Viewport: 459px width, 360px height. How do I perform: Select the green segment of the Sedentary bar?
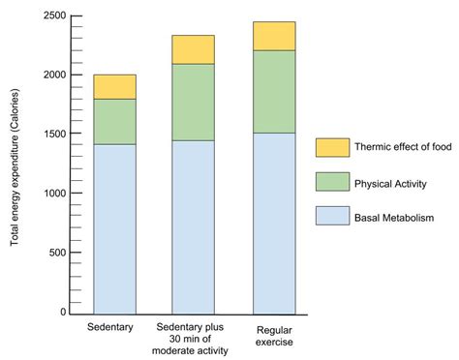[x=114, y=122]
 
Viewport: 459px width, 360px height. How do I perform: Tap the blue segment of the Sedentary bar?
[x=114, y=228]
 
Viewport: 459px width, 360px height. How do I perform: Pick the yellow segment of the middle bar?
[x=194, y=49]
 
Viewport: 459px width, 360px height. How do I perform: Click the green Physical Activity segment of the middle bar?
[x=194, y=103]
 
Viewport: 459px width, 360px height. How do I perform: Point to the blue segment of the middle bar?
[x=194, y=226]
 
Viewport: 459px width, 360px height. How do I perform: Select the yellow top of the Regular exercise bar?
[x=274, y=36]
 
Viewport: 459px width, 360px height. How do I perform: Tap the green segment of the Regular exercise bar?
[x=274, y=92]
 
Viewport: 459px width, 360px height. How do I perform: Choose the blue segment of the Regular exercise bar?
[x=274, y=223]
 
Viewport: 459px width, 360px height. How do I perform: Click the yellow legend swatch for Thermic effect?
[x=331, y=147]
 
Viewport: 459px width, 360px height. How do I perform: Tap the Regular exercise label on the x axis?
[x=274, y=335]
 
